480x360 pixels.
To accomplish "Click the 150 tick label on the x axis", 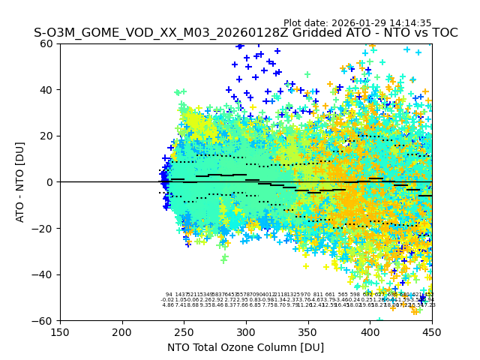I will [x=60, y=331].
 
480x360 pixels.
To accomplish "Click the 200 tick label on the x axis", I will [x=122, y=331].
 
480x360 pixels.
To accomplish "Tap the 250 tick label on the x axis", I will [x=184, y=331].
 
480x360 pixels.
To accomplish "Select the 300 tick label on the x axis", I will [x=246, y=331].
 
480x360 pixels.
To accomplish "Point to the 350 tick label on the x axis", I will [x=308, y=331].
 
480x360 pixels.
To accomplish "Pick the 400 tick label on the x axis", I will [x=370, y=331].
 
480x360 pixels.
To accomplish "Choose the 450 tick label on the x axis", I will [x=432, y=331].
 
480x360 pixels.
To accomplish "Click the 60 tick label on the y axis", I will [x=46, y=43].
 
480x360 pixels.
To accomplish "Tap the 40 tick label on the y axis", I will [x=46, y=90].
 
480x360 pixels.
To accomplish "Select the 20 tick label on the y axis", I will [x=46, y=136].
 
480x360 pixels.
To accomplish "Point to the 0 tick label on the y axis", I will [x=49, y=182].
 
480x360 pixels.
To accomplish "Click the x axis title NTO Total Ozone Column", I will [x=245, y=347].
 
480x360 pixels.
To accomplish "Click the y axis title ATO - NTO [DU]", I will [x=20, y=182].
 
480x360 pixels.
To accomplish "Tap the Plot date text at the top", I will [x=357, y=23].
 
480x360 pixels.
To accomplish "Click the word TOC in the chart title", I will [x=442, y=34].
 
